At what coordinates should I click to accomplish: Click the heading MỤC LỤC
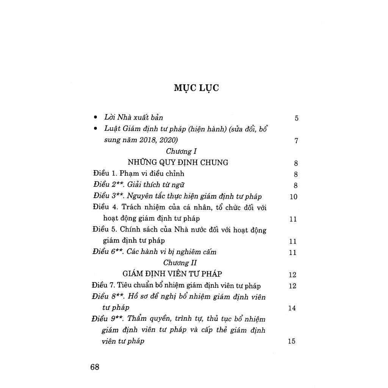point(196,88)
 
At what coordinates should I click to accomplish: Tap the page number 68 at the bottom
point(95,367)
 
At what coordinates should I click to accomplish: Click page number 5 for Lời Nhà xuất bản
point(296,118)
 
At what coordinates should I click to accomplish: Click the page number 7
point(296,141)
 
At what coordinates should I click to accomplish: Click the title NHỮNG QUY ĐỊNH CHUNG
point(178,163)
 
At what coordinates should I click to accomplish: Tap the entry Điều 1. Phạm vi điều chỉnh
point(139,174)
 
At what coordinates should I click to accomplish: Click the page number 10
point(293,197)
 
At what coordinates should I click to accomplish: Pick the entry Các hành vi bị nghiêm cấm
point(172,252)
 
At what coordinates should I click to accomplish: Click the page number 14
point(292,308)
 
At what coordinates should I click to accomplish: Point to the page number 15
point(291,341)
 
